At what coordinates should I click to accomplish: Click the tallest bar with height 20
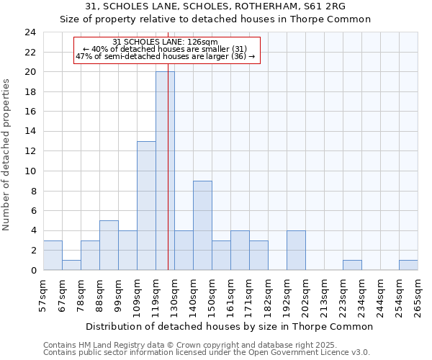coord(165,171)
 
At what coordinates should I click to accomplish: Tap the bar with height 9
coord(202,225)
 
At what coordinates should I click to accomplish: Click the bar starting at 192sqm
coord(296,250)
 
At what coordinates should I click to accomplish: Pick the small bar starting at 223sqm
coord(352,265)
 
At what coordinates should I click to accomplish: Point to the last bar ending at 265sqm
coord(408,265)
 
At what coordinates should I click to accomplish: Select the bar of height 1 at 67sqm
coord(71,265)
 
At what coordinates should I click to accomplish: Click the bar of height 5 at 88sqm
coord(109,245)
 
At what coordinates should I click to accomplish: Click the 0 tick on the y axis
coord(32,270)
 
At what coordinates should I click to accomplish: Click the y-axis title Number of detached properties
coord(6,155)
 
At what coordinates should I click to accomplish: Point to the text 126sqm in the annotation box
coord(192,42)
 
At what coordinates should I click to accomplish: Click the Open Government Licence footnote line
coord(207,353)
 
